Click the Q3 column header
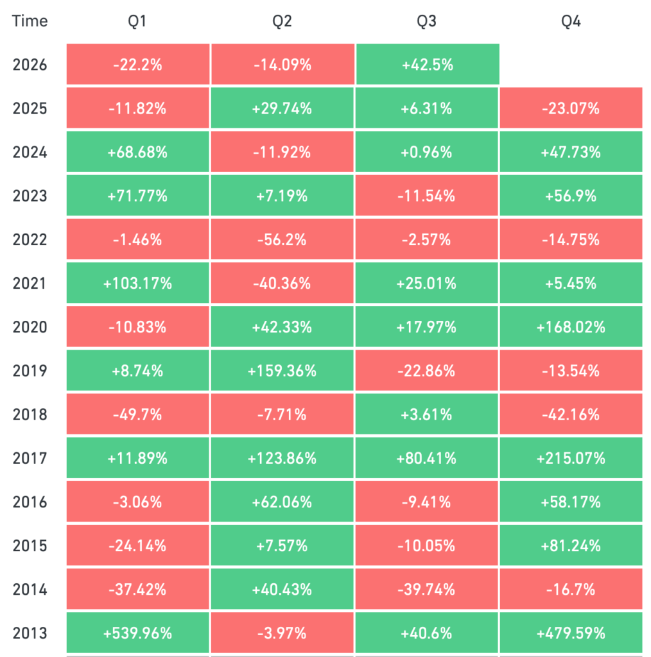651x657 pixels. point(426,21)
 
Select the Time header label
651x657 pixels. point(30,21)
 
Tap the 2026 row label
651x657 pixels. point(30,65)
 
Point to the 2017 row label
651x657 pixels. point(30,458)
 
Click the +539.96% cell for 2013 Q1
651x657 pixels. point(137,633)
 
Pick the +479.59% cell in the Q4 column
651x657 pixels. point(571,633)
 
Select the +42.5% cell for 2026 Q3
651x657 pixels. point(428,65)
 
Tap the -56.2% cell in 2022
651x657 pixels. point(282,239)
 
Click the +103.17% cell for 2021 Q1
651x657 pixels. point(137,283)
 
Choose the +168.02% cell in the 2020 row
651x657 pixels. point(571,327)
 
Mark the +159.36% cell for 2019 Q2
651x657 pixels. point(282,371)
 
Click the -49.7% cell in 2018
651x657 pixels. point(137,414)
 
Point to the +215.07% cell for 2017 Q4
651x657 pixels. point(571,458)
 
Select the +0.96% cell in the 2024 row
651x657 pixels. point(427,152)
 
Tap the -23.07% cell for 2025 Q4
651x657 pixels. point(571,108)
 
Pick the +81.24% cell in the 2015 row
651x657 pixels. point(571,545)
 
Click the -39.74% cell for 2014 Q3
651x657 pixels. point(427,589)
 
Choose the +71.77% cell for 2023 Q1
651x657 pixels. point(137,196)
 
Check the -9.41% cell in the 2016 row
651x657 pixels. point(427,502)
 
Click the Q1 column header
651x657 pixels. point(137,21)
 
